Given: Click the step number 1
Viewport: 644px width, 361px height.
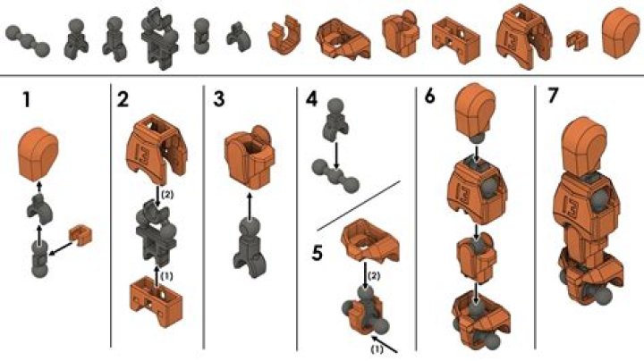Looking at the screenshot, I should [27, 98].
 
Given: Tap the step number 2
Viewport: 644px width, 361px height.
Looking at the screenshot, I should [122, 98].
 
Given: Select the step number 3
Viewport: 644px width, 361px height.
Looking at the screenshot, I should [219, 98].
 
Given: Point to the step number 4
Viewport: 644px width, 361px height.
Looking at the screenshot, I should [309, 98].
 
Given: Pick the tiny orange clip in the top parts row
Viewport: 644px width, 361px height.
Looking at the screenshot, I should [575, 38].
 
